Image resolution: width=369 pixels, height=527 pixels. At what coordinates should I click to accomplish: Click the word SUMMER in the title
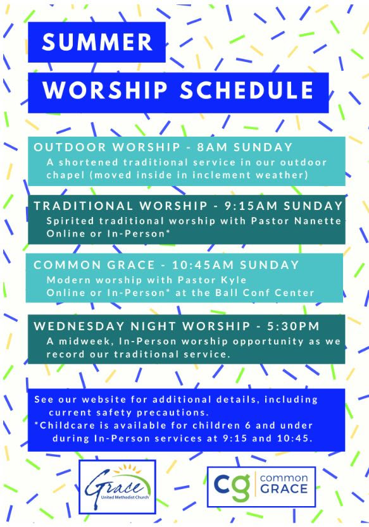pyautogui.click(x=97, y=42)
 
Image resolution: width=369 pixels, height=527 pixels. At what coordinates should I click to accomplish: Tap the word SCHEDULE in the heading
pyautogui.click(x=247, y=90)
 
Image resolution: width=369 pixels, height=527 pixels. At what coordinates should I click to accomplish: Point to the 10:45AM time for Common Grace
pyautogui.click(x=203, y=265)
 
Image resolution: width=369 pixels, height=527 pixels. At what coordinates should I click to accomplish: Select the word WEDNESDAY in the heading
pyautogui.click(x=79, y=326)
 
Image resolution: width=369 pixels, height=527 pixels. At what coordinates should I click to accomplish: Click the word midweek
pyautogui.click(x=87, y=342)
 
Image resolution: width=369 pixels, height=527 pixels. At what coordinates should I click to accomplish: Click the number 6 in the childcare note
pyautogui.click(x=248, y=426)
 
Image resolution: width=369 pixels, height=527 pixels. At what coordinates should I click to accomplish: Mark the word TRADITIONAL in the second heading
pyautogui.click(x=84, y=206)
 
